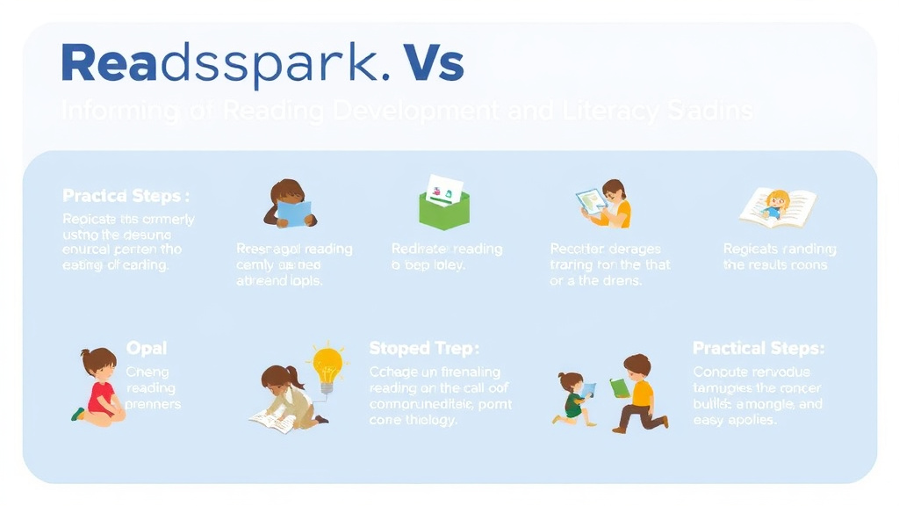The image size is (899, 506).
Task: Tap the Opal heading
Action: click(x=146, y=349)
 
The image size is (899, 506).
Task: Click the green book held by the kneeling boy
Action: click(x=620, y=387)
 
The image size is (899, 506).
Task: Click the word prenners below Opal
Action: click(x=153, y=404)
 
